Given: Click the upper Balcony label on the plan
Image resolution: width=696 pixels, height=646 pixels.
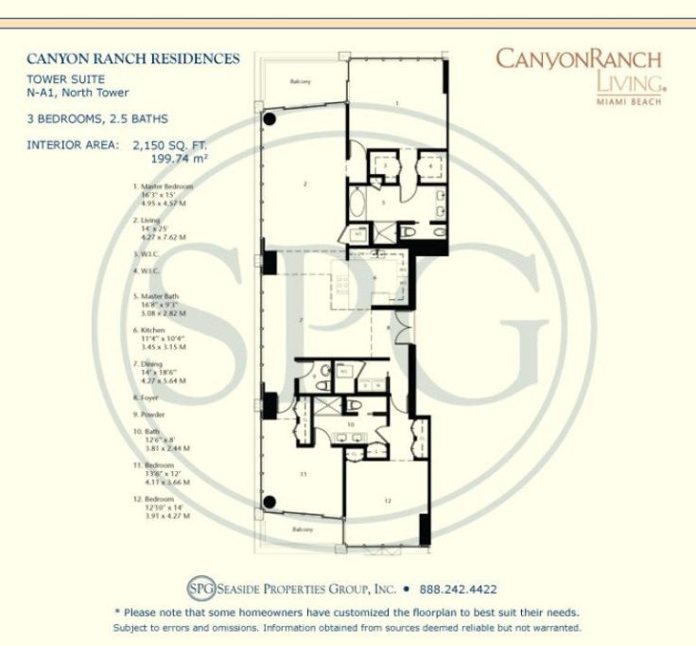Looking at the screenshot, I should click(x=302, y=82).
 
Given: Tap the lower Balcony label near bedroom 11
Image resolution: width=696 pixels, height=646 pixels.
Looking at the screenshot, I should click(x=303, y=529).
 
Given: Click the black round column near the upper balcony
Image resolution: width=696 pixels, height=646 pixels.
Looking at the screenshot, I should click(x=270, y=120).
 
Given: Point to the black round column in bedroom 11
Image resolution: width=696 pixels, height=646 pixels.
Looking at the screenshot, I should click(x=270, y=501).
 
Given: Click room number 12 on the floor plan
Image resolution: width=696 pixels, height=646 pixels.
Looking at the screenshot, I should click(x=388, y=498).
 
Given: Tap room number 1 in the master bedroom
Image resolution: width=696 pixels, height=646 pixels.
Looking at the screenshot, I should click(x=396, y=101).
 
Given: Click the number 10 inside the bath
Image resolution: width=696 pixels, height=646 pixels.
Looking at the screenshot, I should click(x=349, y=425).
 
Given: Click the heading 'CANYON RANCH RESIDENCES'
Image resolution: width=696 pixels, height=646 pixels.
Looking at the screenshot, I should click(x=132, y=59).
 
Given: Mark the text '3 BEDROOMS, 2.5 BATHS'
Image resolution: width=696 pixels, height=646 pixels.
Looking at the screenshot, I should click(x=98, y=119).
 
